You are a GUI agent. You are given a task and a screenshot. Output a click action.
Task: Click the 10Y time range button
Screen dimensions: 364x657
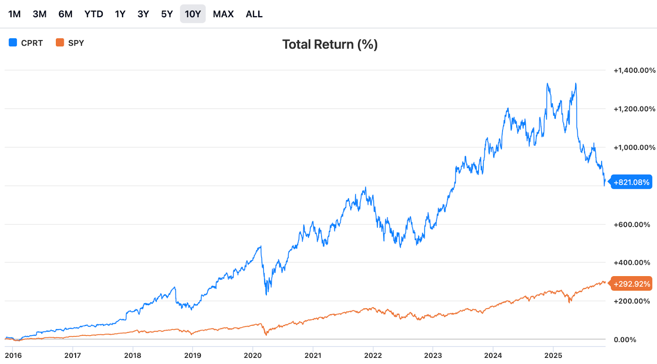point(193,14)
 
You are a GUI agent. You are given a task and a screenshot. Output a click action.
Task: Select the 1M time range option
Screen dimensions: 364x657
point(14,14)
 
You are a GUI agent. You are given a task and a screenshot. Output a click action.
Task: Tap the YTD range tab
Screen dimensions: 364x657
point(94,14)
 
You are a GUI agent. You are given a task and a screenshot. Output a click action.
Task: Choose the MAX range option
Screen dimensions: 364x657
point(223,14)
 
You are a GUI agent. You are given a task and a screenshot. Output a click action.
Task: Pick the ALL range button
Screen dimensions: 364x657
point(254,14)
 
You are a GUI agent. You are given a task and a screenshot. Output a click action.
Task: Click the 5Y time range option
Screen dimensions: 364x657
point(167,14)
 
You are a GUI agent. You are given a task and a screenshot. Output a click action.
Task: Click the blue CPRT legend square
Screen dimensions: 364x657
point(13,43)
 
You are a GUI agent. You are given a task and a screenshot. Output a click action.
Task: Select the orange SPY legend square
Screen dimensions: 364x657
point(60,43)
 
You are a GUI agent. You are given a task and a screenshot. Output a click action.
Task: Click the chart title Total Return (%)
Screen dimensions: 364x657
point(330,44)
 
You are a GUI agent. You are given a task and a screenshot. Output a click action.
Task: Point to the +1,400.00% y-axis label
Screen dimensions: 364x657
point(634,71)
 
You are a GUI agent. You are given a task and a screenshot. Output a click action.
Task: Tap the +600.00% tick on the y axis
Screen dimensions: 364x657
point(632,224)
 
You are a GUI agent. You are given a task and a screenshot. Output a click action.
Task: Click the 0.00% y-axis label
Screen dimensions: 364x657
point(625,340)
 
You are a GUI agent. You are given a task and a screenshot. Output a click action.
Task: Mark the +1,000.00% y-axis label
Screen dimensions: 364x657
point(634,148)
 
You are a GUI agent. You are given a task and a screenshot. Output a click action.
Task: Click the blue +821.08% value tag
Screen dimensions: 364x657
point(631,182)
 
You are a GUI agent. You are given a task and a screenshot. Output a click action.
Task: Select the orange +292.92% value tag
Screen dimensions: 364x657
point(632,284)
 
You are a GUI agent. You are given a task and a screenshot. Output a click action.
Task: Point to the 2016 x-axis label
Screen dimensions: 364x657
point(13,355)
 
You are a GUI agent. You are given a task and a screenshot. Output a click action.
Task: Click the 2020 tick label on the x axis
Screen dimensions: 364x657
point(253,355)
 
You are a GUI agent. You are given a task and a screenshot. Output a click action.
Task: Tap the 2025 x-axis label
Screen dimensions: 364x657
point(553,355)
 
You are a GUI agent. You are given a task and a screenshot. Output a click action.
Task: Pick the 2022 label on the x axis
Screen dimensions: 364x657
point(373,355)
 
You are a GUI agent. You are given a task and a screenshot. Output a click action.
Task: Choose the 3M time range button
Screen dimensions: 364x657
point(39,14)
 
